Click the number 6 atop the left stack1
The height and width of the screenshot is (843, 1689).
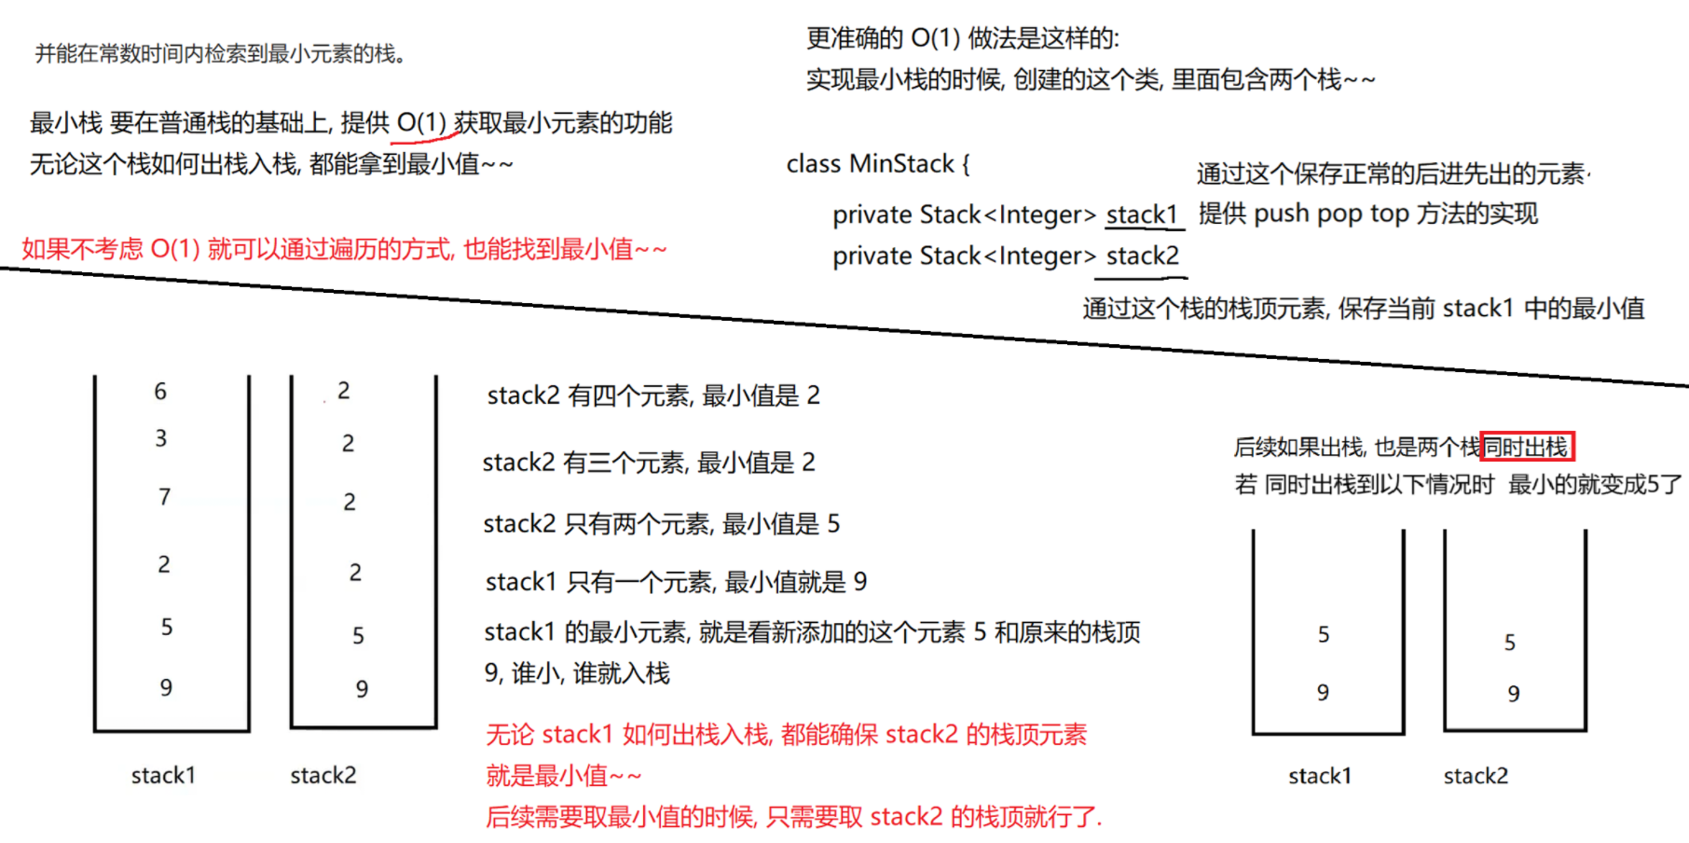click(x=160, y=392)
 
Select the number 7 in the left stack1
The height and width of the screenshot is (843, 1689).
click(x=164, y=497)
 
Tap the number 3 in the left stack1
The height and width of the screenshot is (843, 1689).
click(x=161, y=438)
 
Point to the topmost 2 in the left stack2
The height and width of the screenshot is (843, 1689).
click(x=344, y=391)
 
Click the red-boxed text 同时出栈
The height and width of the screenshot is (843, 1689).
click(x=1526, y=448)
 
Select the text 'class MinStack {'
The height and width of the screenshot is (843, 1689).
click(x=877, y=164)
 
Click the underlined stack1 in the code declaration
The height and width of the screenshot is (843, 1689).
click(x=1142, y=214)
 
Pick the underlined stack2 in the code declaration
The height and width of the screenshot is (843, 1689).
click(x=1142, y=256)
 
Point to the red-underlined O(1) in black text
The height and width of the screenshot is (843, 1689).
click(x=421, y=122)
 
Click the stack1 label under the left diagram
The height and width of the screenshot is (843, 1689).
click(x=163, y=775)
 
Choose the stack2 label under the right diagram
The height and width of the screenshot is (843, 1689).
click(x=1476, y=776)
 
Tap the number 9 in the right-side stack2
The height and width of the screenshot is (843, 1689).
click(x=1514, y=694)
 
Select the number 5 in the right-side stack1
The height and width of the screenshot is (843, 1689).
click(x=1324, y=635)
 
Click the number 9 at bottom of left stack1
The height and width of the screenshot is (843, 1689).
click(x=166, y=687)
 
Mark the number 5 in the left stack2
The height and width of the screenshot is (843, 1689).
click(x=358, y=636)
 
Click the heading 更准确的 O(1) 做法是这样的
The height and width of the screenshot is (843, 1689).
click(x=962, y=38)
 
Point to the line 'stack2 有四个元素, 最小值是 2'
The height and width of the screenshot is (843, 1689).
click(x=653, y=395)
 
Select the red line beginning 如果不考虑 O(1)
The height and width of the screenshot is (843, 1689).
click(x=344, y=249)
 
